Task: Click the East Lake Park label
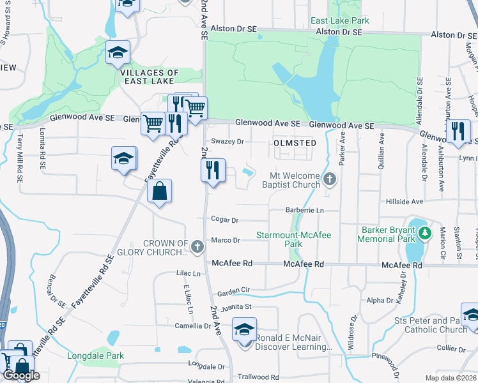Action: [x=339, y=20]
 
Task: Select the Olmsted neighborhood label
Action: [x=295, y=143]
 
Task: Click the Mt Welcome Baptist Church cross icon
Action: [x=330, y=178]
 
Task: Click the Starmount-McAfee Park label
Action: [x=293, y=239]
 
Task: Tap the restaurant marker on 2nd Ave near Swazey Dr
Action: [x=213, y=170]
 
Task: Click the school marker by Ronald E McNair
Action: [x=243, y=329]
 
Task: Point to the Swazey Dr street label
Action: [x=227, y=141]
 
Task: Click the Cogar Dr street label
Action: [x=225, y=220]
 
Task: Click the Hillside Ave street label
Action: [x=405, y=201]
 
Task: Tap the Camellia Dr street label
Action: [x=193, y=326]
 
